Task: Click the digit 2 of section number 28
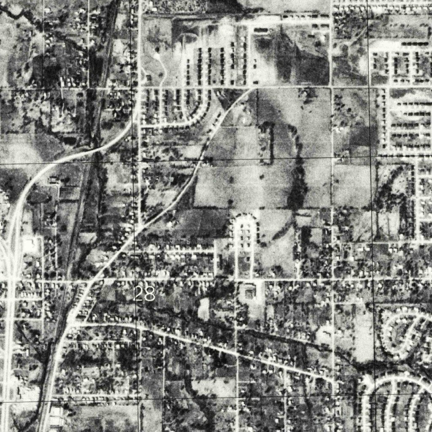139,294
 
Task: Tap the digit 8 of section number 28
149,294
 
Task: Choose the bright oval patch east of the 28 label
204,308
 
